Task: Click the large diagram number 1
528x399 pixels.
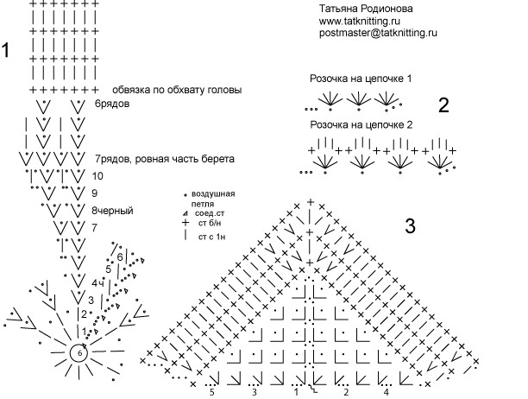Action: coord(6,50)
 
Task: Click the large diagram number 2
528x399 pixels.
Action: coord(443,106)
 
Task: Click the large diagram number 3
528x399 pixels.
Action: coord(411,226)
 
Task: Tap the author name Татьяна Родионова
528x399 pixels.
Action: coord(366,8)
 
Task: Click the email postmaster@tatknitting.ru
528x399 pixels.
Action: coord(378,32)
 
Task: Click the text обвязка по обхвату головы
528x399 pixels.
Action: coord(176,90)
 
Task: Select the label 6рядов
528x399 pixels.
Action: coord(112,104)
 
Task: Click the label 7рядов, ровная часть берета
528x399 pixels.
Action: coord(165,160)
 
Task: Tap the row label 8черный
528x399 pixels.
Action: coord(112,211)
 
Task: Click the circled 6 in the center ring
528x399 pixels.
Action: coord(79,352)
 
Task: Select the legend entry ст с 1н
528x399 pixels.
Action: coord(213,235)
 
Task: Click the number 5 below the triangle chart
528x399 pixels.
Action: coord(211,392)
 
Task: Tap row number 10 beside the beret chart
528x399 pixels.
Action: coord(97,175)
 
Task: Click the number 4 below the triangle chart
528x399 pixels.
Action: coord(386,392)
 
